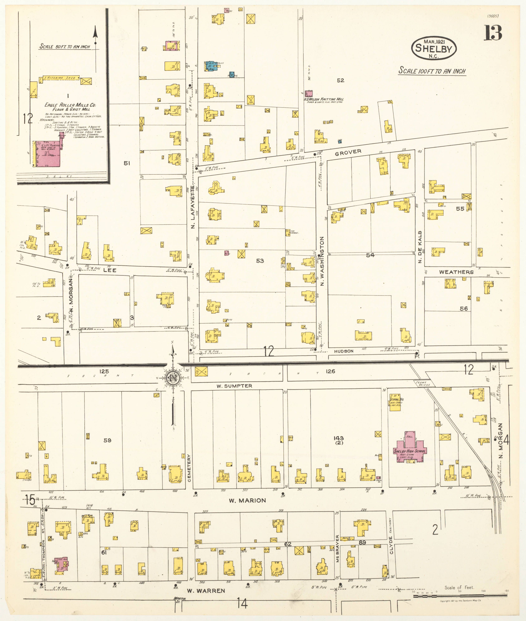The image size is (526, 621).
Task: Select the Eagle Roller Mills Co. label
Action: pyautogui.click(x=70, y=105)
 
